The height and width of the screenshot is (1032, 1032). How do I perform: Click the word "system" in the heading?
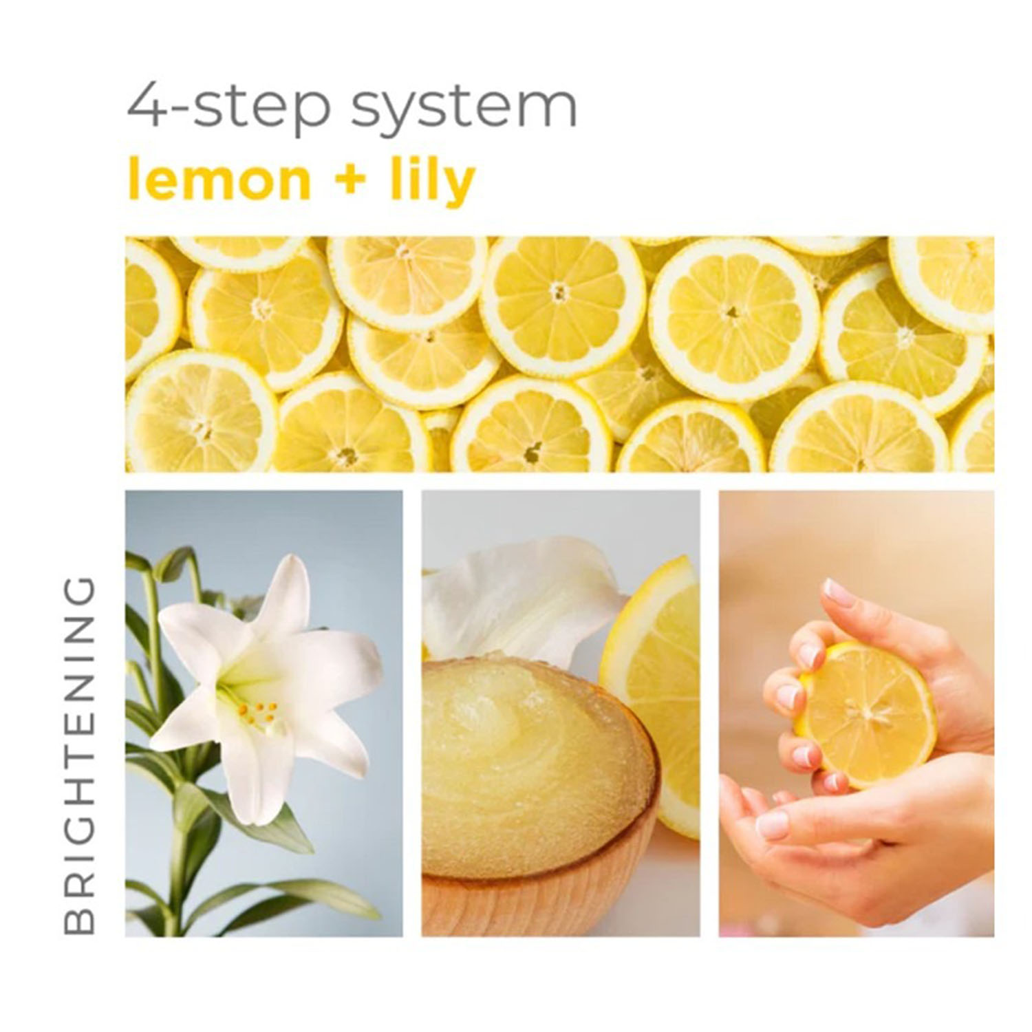tap(463, 108)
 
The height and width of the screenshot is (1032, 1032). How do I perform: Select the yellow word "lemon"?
tap(219, 180)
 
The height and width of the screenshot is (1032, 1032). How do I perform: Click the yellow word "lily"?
tap(433, 180)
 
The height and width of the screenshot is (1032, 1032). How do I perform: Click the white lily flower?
tap(268, 681)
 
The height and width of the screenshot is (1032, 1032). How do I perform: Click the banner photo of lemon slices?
tap(559, 354)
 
